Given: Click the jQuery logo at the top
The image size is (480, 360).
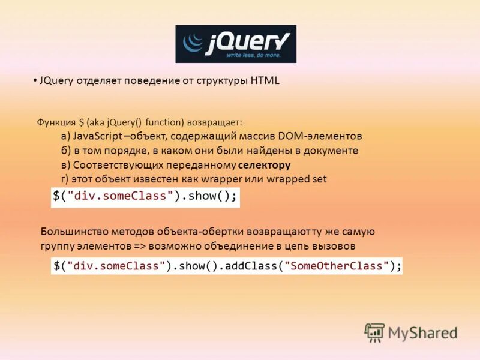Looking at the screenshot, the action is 236,44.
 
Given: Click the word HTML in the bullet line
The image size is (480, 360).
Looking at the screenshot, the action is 266,81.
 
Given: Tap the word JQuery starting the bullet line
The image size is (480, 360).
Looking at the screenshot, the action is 56,81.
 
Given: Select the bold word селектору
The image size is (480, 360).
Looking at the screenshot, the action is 264,165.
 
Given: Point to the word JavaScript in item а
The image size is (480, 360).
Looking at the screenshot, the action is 98,136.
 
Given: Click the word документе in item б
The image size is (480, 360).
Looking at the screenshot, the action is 331,151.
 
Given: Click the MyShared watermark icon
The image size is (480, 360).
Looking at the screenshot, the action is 374,332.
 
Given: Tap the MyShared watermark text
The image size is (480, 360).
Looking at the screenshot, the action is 422,333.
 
